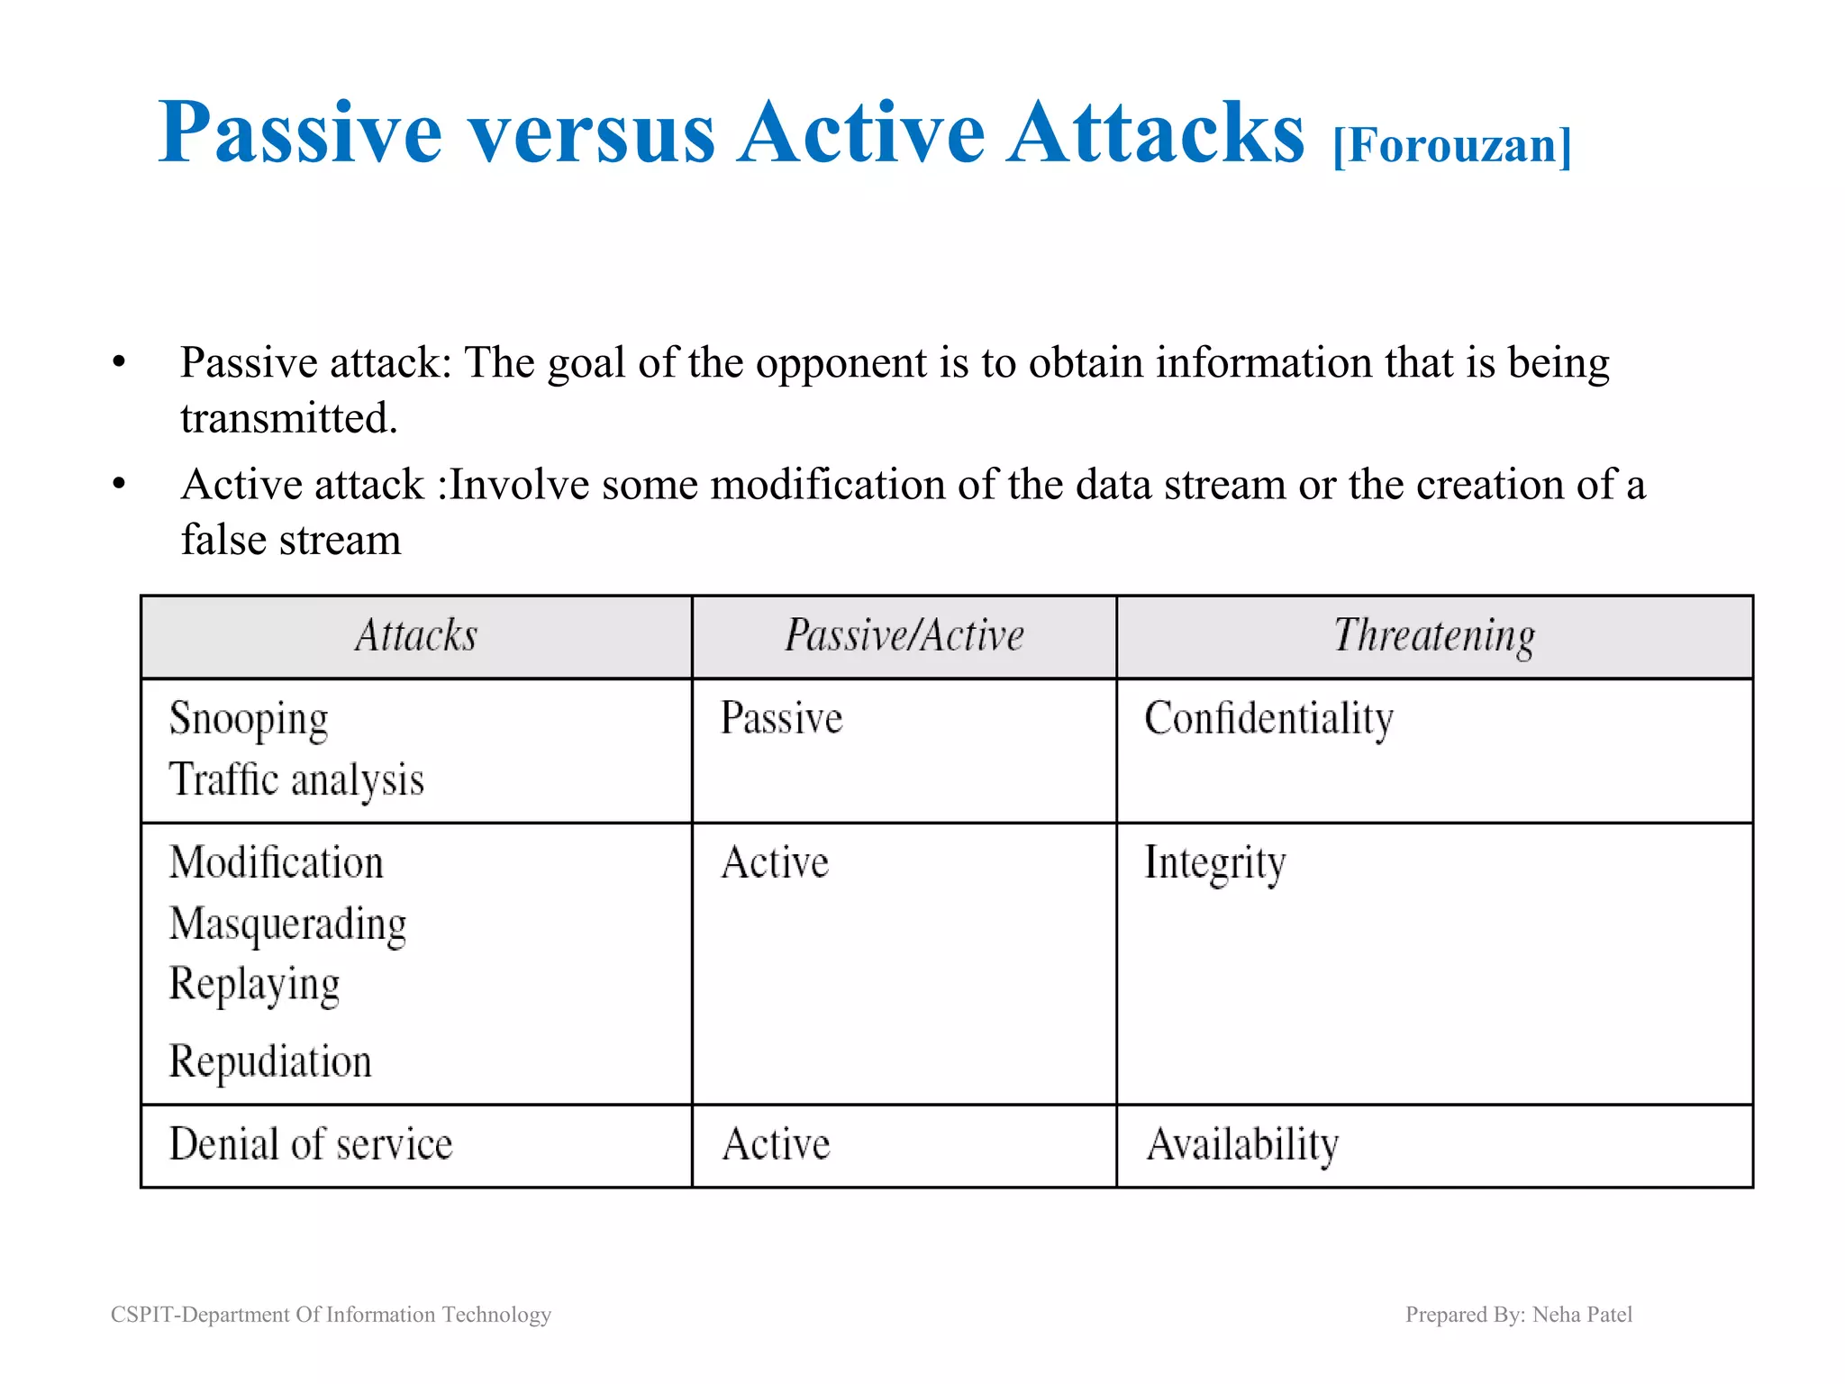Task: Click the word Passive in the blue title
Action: coord(300,133)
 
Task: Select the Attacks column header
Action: coord(416,636)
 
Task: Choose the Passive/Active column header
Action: coord(904,636)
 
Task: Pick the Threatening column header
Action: coord(1434,636)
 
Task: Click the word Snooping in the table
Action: coord(249,719)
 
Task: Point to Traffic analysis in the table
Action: coord(296,780)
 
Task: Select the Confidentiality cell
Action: coord(1268,719)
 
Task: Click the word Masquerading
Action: coord(287,924)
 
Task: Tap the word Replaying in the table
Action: coord(254,984)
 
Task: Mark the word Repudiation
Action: coord(270,1061)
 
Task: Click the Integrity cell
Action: coord(1214,863)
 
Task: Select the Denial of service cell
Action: coord(311,1144)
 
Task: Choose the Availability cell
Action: coord(1242,1144)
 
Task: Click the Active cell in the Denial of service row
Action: coord(776,1144)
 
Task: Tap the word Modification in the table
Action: coord(276,863)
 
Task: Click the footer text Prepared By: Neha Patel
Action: coord(1519,1315)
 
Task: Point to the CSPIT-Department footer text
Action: coord(331,1315)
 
